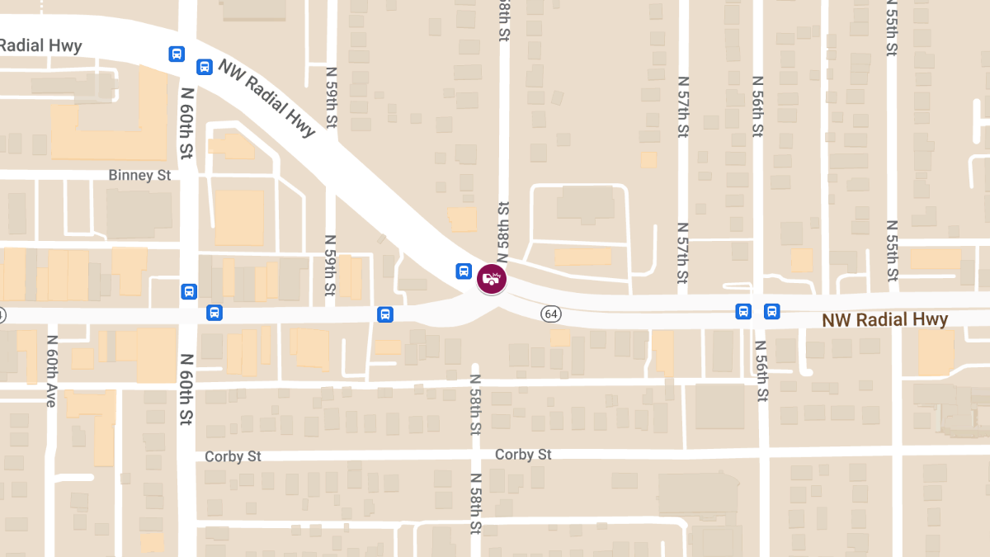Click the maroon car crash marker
point(492,278)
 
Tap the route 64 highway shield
point(552,314)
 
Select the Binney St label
point(139,176)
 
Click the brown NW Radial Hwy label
point(885,319)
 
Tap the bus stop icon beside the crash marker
point(464,271)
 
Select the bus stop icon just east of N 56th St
point(771,311)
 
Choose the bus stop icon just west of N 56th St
point(743,311)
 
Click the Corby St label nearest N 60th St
point(233,456)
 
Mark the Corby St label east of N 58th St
point(523,455)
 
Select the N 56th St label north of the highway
point(757,106)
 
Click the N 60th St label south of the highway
point(186,388)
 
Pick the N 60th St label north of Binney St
point(186,124)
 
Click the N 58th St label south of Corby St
point(476,503)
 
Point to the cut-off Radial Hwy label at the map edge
point(40,45)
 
